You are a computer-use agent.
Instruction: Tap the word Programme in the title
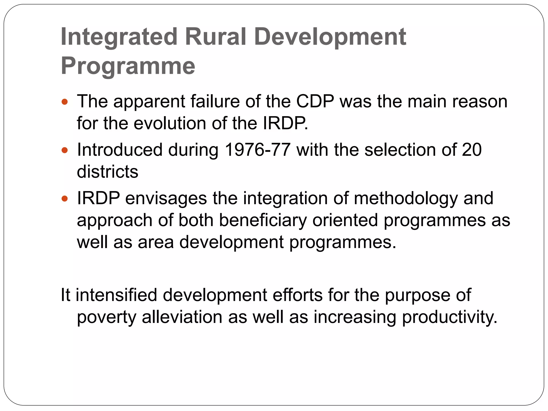[x=128, y=66]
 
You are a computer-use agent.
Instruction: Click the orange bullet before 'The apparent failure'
[x=64, y=102]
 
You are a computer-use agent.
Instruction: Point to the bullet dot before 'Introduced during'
[x=64, y=150]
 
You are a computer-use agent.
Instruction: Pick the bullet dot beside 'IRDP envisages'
[x=64, y=199]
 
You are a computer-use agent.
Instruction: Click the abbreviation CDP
[x=315, y=101]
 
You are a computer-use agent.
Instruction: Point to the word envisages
[x=166, y=199]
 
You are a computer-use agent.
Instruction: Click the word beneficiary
[x=262, y=220]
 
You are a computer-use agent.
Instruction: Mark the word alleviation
[x=182, y=317]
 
